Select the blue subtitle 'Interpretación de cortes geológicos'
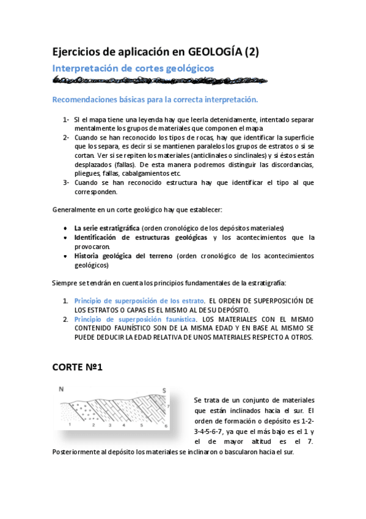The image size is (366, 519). pyautogui.click(x=133, y=68)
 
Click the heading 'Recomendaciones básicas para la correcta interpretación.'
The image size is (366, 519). pyautogui.click(x=155, y=99)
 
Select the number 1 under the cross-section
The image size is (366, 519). pyautogui.click(x=71, y=424)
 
